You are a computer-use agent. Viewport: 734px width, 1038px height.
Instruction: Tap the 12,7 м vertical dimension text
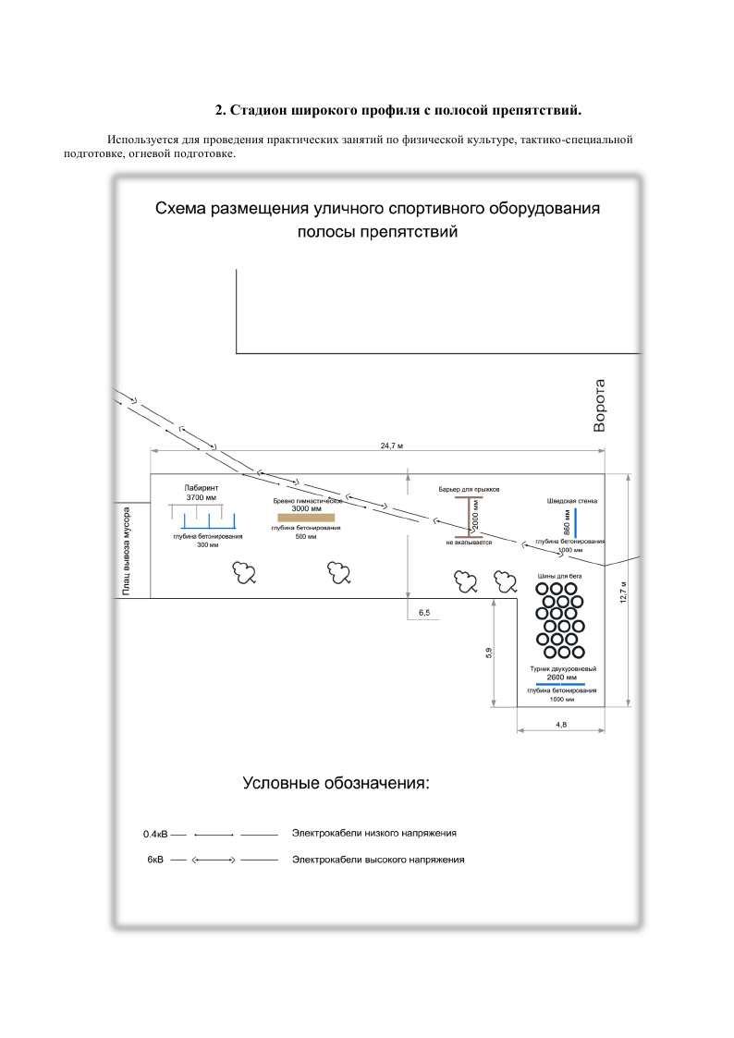coord(624,592)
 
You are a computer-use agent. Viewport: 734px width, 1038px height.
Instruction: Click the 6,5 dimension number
coord(425,613)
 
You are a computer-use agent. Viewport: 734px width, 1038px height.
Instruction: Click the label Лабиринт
coord(201,487)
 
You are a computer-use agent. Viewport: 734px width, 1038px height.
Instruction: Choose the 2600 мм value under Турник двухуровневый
coord(561,678)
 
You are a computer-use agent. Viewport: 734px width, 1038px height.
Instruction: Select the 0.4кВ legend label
coord(154,834)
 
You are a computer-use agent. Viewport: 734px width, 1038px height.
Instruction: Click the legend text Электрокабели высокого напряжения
coord(377,860)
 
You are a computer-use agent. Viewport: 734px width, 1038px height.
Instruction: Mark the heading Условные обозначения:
coord(336,784)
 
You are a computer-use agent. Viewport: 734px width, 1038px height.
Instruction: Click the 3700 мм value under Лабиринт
coord(201,497)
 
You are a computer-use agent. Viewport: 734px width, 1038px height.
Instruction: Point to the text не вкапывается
coord(469,543)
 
